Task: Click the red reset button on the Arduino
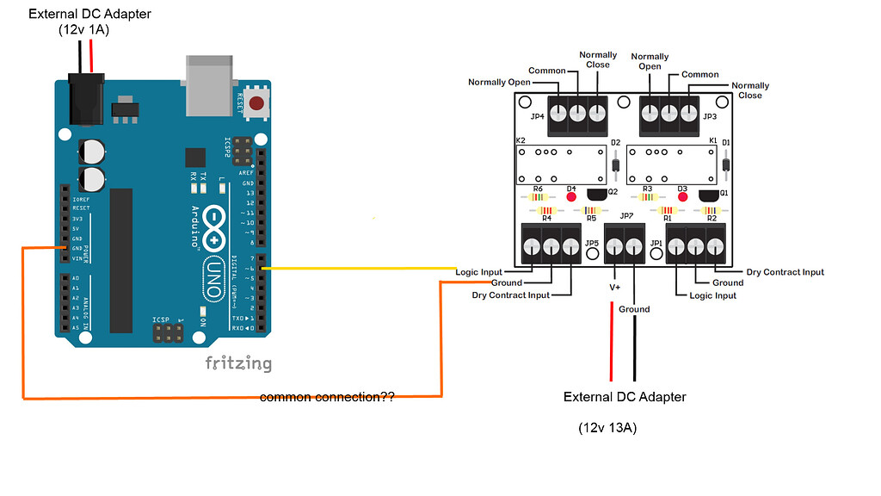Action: click(x=256, y=104)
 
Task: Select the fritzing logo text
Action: click(x=238, y=363)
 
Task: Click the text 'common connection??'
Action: click(x=327, y=398)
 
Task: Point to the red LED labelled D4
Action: click(x=571, y=196)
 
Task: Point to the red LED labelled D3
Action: click(x=683, y=196)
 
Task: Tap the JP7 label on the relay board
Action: click(x=626, y=215)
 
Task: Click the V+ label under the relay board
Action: click(x=614, y=287)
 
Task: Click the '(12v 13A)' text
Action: click(x=607, y=428)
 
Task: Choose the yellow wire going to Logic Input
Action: click(x=361, y=269)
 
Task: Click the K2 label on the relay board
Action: click(x=521, y=140)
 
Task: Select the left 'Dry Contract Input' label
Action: click(x=510, y=295)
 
